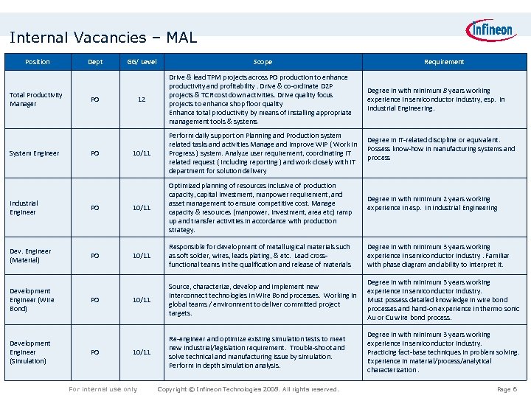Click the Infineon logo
point(490,31)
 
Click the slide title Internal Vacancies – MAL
point(103,37)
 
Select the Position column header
point(38,62)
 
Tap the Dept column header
point(95,62)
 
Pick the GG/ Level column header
point(142,62)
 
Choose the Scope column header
point(263,62)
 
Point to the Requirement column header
point(444,62)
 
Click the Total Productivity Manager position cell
point(36,99)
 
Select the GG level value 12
point(141,99)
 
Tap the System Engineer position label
point(35,153)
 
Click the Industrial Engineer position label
point(24,207)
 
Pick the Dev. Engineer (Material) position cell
point(30,256)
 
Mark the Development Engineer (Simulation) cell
point(30,352)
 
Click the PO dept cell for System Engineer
point(94,153)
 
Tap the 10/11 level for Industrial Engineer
point(141,208)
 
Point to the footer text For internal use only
point(103,389)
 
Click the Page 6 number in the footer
point(507,389)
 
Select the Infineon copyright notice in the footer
point(249,389)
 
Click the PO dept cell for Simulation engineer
point(94,352)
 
